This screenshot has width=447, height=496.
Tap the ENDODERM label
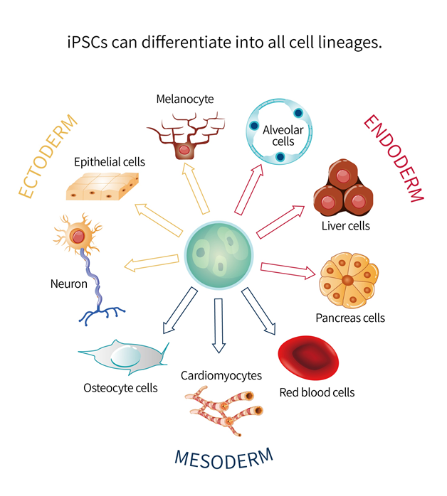[393, 157]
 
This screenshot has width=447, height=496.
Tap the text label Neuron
[68, 284]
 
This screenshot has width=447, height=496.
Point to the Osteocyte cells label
[120, 388]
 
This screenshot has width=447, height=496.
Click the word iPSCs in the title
[85, 43]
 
